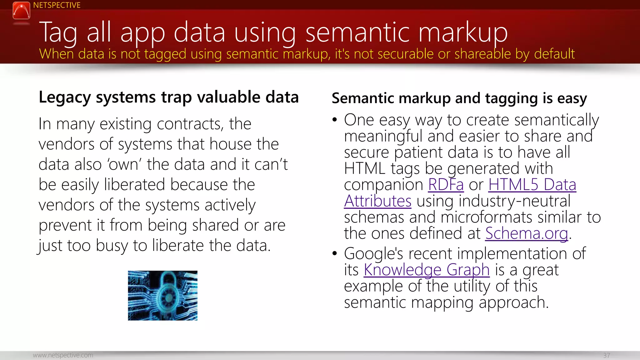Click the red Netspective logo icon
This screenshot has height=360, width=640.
(21, 10)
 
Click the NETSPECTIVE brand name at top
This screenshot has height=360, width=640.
(57, 5)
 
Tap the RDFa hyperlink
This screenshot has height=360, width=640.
(446, 184)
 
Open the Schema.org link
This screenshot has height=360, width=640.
(527, 233)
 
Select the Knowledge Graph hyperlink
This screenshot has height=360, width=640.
(427, 270)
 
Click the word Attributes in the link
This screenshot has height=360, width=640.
(377, 201)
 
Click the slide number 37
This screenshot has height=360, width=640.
(606, 355)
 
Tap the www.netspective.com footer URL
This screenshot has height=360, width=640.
(63, 355)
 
